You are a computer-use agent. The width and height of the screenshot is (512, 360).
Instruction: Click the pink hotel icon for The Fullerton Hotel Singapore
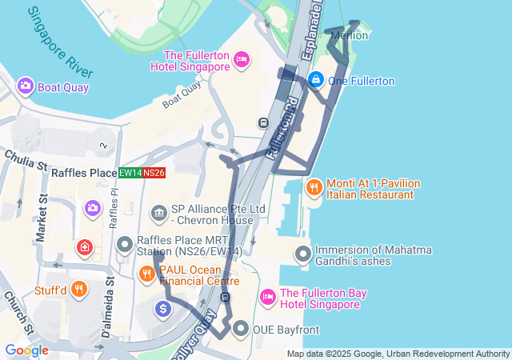(x=241, y=59)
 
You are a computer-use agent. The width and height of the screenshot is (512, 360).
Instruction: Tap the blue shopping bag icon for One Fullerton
(x=316, y=80)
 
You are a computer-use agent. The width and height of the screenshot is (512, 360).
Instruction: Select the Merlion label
(x=350, y=35)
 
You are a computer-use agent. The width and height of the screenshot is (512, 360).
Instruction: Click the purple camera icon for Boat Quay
(x=25, y=86)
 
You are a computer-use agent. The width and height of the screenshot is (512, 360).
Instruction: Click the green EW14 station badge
(x=130, y=173)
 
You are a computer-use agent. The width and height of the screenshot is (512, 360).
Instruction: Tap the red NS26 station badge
(x=154, y=173)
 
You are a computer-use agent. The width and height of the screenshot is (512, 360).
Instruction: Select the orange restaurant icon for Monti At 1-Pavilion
(x=314, y=187)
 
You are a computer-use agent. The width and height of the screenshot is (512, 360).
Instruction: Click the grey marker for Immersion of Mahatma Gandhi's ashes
(x=302, y=254)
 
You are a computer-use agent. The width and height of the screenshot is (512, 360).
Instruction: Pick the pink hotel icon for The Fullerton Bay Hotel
(x=268, y=298)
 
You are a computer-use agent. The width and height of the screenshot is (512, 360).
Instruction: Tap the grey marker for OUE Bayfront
(x=240, y=329)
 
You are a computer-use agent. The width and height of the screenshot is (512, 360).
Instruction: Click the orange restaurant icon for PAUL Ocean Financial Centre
(x=146, y=274)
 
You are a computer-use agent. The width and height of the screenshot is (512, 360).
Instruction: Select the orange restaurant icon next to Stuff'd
(x=78, y=289)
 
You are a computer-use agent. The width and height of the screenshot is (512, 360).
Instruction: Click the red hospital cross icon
(x=83, y=248)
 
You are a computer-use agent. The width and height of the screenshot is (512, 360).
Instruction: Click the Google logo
(x=26, y=350)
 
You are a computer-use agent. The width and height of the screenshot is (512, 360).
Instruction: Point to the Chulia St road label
(x=26, y=159)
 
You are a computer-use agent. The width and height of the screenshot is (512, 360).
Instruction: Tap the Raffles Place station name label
(x=84, y=173)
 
